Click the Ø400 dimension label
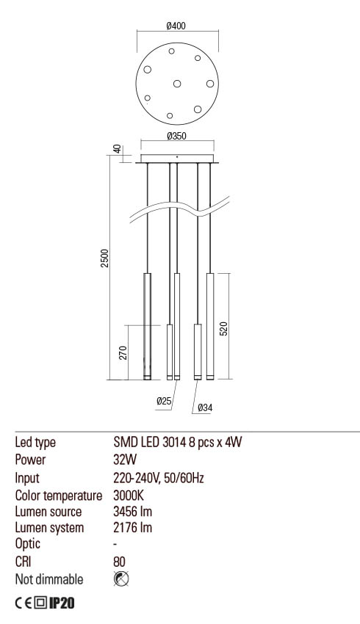click(x=176, y=26)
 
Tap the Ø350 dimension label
click(x=176, y=137)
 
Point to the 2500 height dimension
click(x=105, y=258)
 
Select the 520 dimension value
click(x=224, y=327)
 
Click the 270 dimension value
click(x=123, y=352)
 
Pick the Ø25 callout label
click(x=164, y=401)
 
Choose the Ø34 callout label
click(x=205, y=407)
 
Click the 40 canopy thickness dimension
click(x=116, y=150)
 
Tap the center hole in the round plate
click(x=176, y=83)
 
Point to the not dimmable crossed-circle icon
click(x=121, y=579)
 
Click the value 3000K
click(x=127, y=494)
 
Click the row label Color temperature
click(x=57, y=494)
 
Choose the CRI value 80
click(x=120, y=562)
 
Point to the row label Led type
click(x=35, y=443)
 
